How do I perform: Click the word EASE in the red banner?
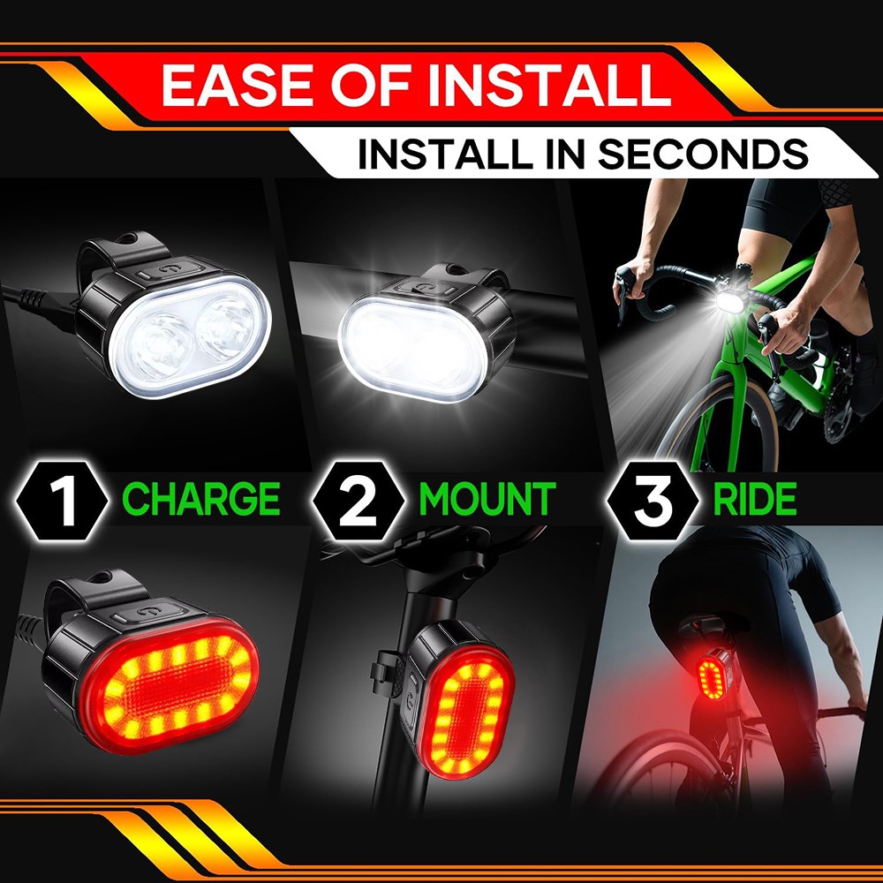tap(233, 85)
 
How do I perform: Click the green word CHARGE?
tap(201, 499)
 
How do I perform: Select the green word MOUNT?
tap(487, 499)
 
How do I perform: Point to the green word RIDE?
tap(754, 499)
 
